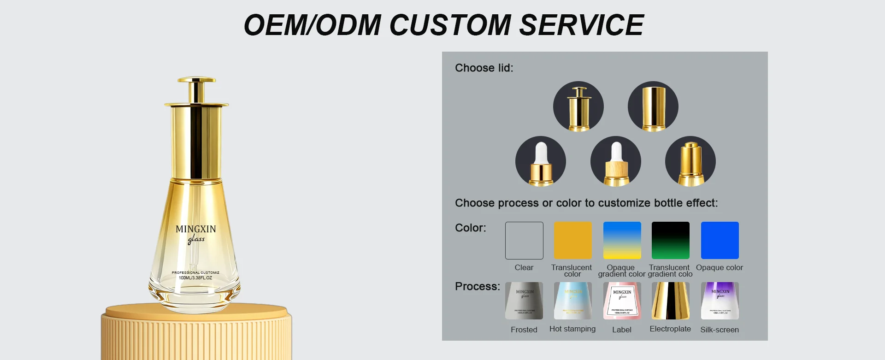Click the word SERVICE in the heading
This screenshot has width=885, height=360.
(581, 25)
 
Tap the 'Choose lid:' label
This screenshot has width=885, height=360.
(484, 68)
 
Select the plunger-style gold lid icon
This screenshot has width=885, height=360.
(578, 106)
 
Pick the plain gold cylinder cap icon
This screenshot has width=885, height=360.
(653, 106)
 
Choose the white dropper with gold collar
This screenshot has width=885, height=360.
(541, 161)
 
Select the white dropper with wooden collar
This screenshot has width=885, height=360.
(616, 161)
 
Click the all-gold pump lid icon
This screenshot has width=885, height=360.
(690, 161)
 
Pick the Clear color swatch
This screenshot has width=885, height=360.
(524, 241)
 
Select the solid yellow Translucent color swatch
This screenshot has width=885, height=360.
(573, 241)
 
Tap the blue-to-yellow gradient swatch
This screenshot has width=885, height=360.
(622, 241)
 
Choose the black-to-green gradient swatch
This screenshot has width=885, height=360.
(671, 241)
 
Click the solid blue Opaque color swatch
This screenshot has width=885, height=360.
(720, 241)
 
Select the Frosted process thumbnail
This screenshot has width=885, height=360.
(524, 301)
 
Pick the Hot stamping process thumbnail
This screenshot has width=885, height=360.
(573, 301)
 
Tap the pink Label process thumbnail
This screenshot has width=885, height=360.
(622, 301)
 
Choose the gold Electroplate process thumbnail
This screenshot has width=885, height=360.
(671, 301)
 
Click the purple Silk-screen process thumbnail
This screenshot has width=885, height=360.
(720, 301)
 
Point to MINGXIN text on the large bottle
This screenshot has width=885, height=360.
(196, 229)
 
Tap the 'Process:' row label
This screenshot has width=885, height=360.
(477, 286)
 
